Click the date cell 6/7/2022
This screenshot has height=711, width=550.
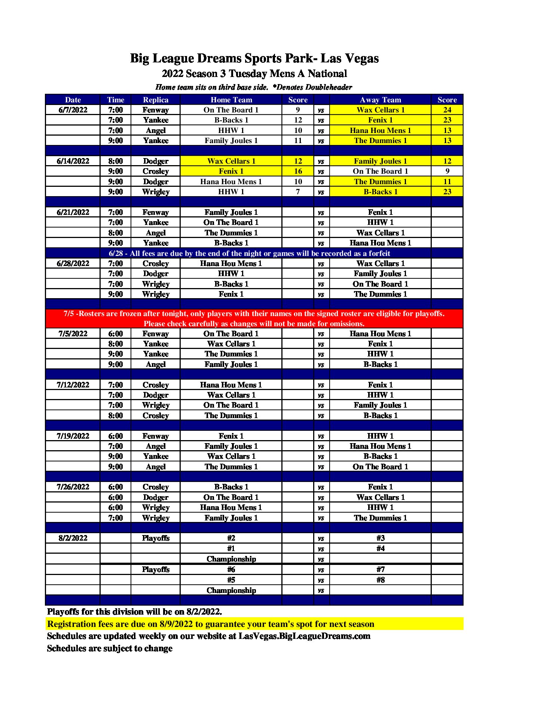pyautogui.click(x=73, y=110)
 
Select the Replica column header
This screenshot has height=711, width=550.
pyautogui.click(x=156, y=100)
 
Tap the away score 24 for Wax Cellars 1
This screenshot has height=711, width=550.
pyautogui.click(x=447, y=110)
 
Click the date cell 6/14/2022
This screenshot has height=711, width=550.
pyautogui.click(x=73, y=161)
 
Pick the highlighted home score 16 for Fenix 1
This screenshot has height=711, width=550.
pyautogui.click(x=298, y=171)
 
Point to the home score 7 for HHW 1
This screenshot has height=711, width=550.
pyautogui.click(x=298, y=192)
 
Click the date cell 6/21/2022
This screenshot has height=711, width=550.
pyautogui.click(x=73, y=212)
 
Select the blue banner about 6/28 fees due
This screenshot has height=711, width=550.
pyautogui.click(x=249, y=253)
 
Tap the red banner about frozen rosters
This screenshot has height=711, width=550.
pyautogui.click(x=254, y=318)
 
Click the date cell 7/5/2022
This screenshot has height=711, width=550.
pyautogui.click(x=73, y=334)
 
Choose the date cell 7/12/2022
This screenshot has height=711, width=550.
pyautogui.click(x=73, y=385)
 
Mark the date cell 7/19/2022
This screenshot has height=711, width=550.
pyautogui.click(x=73, y=436)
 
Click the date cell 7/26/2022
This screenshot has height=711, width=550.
pyautogui.click(x=73, y=487)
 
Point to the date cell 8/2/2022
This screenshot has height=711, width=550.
pyautogui.click(x=73, y=538)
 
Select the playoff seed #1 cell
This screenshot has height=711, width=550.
pyautogui.click(x=231, y=548)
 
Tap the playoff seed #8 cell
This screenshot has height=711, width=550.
pyautogui.click(x=381, y=580)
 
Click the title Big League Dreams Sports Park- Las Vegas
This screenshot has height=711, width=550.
pyautogui.click(x=254, y=58)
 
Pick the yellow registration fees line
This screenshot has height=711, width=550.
pyautogui.click(x=211, y=624)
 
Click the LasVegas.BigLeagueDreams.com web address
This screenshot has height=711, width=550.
pyautogui.click(x=304, y=636)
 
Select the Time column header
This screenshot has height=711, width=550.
pyautogui.click(x=116, y=100)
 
